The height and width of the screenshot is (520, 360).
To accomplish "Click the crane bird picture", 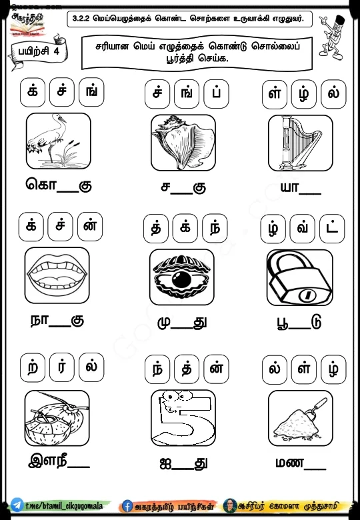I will click(x=57, y=141).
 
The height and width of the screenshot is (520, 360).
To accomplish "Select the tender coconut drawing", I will click(x=57, y=418).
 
